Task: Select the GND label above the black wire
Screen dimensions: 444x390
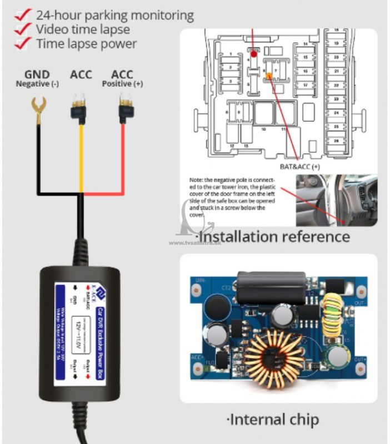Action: click(x=37, y=74)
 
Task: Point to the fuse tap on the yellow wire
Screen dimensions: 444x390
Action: click(x=80, y=108)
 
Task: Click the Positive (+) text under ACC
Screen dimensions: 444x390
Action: click(x=122, y=84)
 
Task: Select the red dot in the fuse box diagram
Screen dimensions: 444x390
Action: click(x=254, y=54)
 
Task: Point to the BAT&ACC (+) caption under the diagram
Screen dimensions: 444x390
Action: click(x=299, y=165)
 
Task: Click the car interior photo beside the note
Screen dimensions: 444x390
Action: click(x=336, y=200)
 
